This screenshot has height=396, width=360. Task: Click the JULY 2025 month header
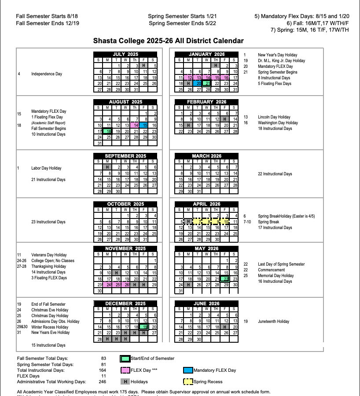125,54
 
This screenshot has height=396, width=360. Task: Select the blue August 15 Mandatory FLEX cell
145,126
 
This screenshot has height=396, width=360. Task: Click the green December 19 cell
145,327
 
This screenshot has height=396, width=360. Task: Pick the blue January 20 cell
198,83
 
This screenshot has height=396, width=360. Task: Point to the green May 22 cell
226,279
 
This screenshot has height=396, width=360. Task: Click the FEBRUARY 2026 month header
206,102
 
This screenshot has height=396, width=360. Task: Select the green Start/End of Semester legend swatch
125,359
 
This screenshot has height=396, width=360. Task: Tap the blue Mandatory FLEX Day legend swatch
187,370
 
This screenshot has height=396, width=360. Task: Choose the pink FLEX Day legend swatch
125,370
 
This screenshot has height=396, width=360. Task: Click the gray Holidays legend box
125,381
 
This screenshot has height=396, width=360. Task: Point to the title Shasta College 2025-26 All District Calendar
168,41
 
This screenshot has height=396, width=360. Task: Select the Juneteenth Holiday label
274,322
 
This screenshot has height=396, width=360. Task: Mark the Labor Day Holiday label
46,168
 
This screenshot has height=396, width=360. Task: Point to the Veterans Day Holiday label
49,255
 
